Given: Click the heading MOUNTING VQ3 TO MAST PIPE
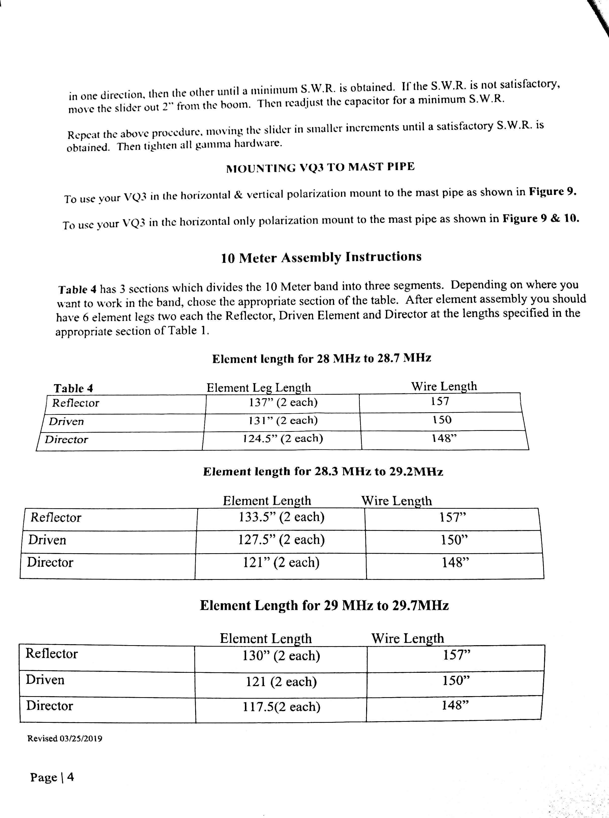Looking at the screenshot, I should coord(320,167).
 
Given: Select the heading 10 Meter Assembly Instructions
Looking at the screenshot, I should coord(321,257).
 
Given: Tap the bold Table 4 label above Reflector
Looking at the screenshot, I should coord(73,388).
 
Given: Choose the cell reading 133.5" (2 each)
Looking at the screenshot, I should coord(282,517).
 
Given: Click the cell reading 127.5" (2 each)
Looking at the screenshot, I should coord(281,540).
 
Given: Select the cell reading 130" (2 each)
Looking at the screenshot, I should coord(281,655).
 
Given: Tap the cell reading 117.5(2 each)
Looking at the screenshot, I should coord(281,707).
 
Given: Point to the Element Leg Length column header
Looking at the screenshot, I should coord(258,387).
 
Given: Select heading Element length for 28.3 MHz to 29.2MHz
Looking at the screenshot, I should coord(323,472).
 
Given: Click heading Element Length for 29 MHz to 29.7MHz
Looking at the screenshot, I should coord(324,605).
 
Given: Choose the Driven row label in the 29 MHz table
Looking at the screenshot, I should coord(45,680).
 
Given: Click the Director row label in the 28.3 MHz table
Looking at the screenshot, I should coord(50,563).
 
